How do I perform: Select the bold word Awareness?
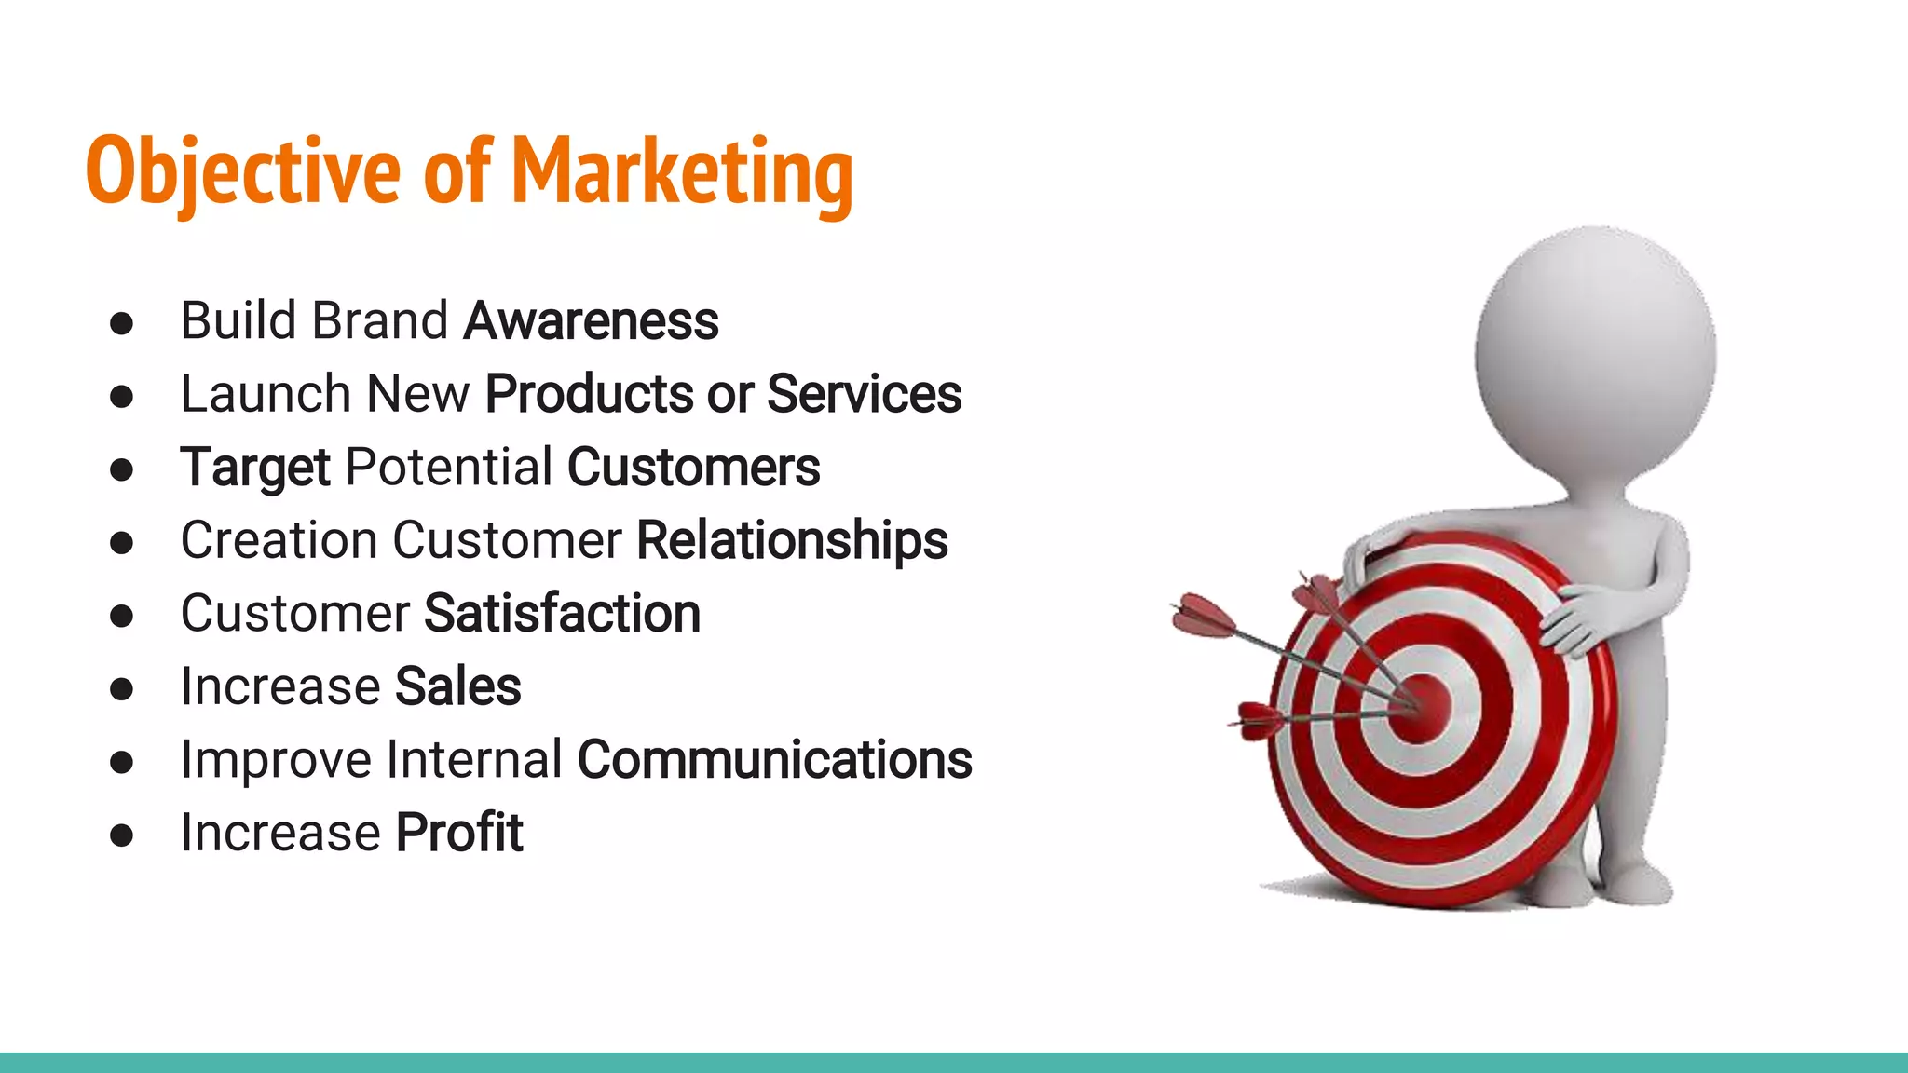(591, 321)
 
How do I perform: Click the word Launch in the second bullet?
(266, 394)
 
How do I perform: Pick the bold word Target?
(254, 468)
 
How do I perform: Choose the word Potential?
(448, 468)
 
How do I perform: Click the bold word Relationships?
(792, 540)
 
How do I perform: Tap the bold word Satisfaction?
(562, 614)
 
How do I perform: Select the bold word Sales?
(457, 687)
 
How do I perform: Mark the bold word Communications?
(774, 760)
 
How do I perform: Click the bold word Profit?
(459, 833)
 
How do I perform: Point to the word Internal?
(474, 760)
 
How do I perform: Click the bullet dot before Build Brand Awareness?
(121, 324)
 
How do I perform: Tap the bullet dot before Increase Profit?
(121, 835)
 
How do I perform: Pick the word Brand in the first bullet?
(379, 321)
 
